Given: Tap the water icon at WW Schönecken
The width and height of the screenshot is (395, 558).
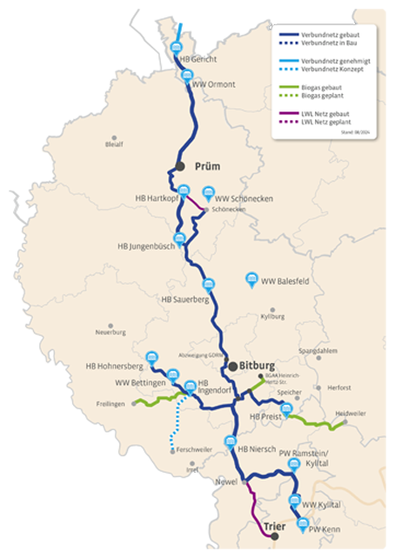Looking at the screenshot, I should click(208, 193).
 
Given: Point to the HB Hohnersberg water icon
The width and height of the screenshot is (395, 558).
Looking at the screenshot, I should click(152, 357).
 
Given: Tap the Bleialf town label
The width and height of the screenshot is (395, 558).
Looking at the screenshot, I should click(113, 144).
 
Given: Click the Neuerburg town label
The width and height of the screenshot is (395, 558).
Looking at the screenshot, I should click(110, 332).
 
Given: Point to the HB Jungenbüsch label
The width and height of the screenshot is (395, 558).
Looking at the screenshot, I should click(145, 246).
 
